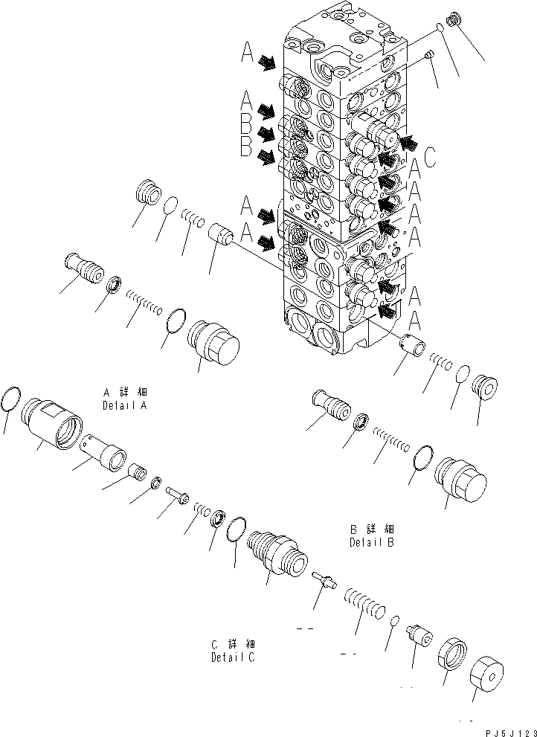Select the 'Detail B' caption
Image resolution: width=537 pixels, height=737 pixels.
371,542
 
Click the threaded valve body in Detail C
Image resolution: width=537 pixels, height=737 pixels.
274,551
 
